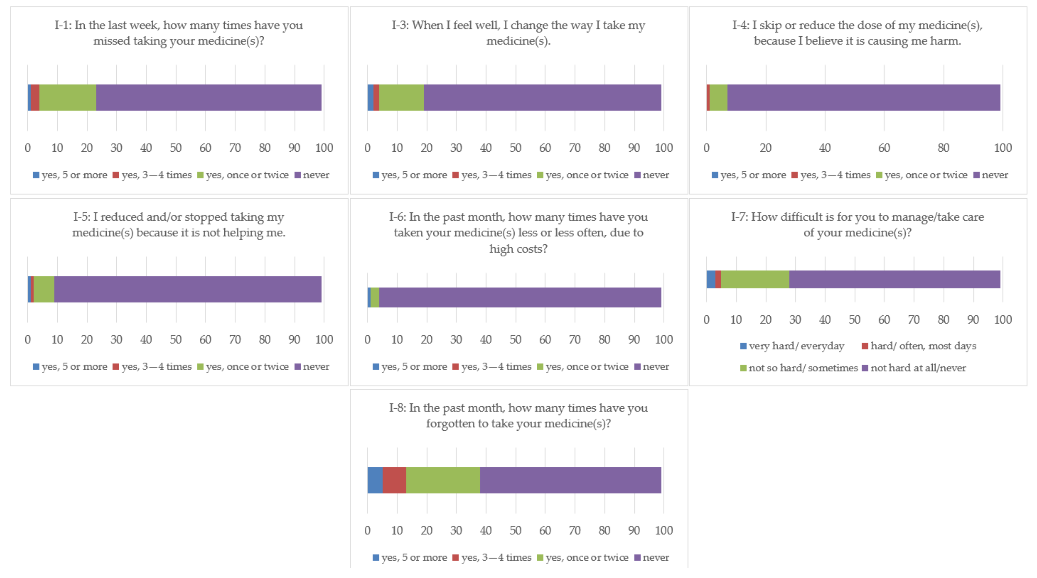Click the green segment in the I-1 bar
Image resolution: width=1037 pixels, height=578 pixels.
click(x=68, y=97)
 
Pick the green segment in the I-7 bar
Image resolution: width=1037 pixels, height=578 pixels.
click(x=755, y=279)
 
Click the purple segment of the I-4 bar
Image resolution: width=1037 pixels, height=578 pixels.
click(x=863, y=97)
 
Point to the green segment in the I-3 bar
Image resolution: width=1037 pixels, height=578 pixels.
click(x=401, y=97)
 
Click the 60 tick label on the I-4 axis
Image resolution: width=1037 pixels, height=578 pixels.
click(x=884, y=148)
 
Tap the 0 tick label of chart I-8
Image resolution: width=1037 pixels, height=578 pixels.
click(x=367, y=531)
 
